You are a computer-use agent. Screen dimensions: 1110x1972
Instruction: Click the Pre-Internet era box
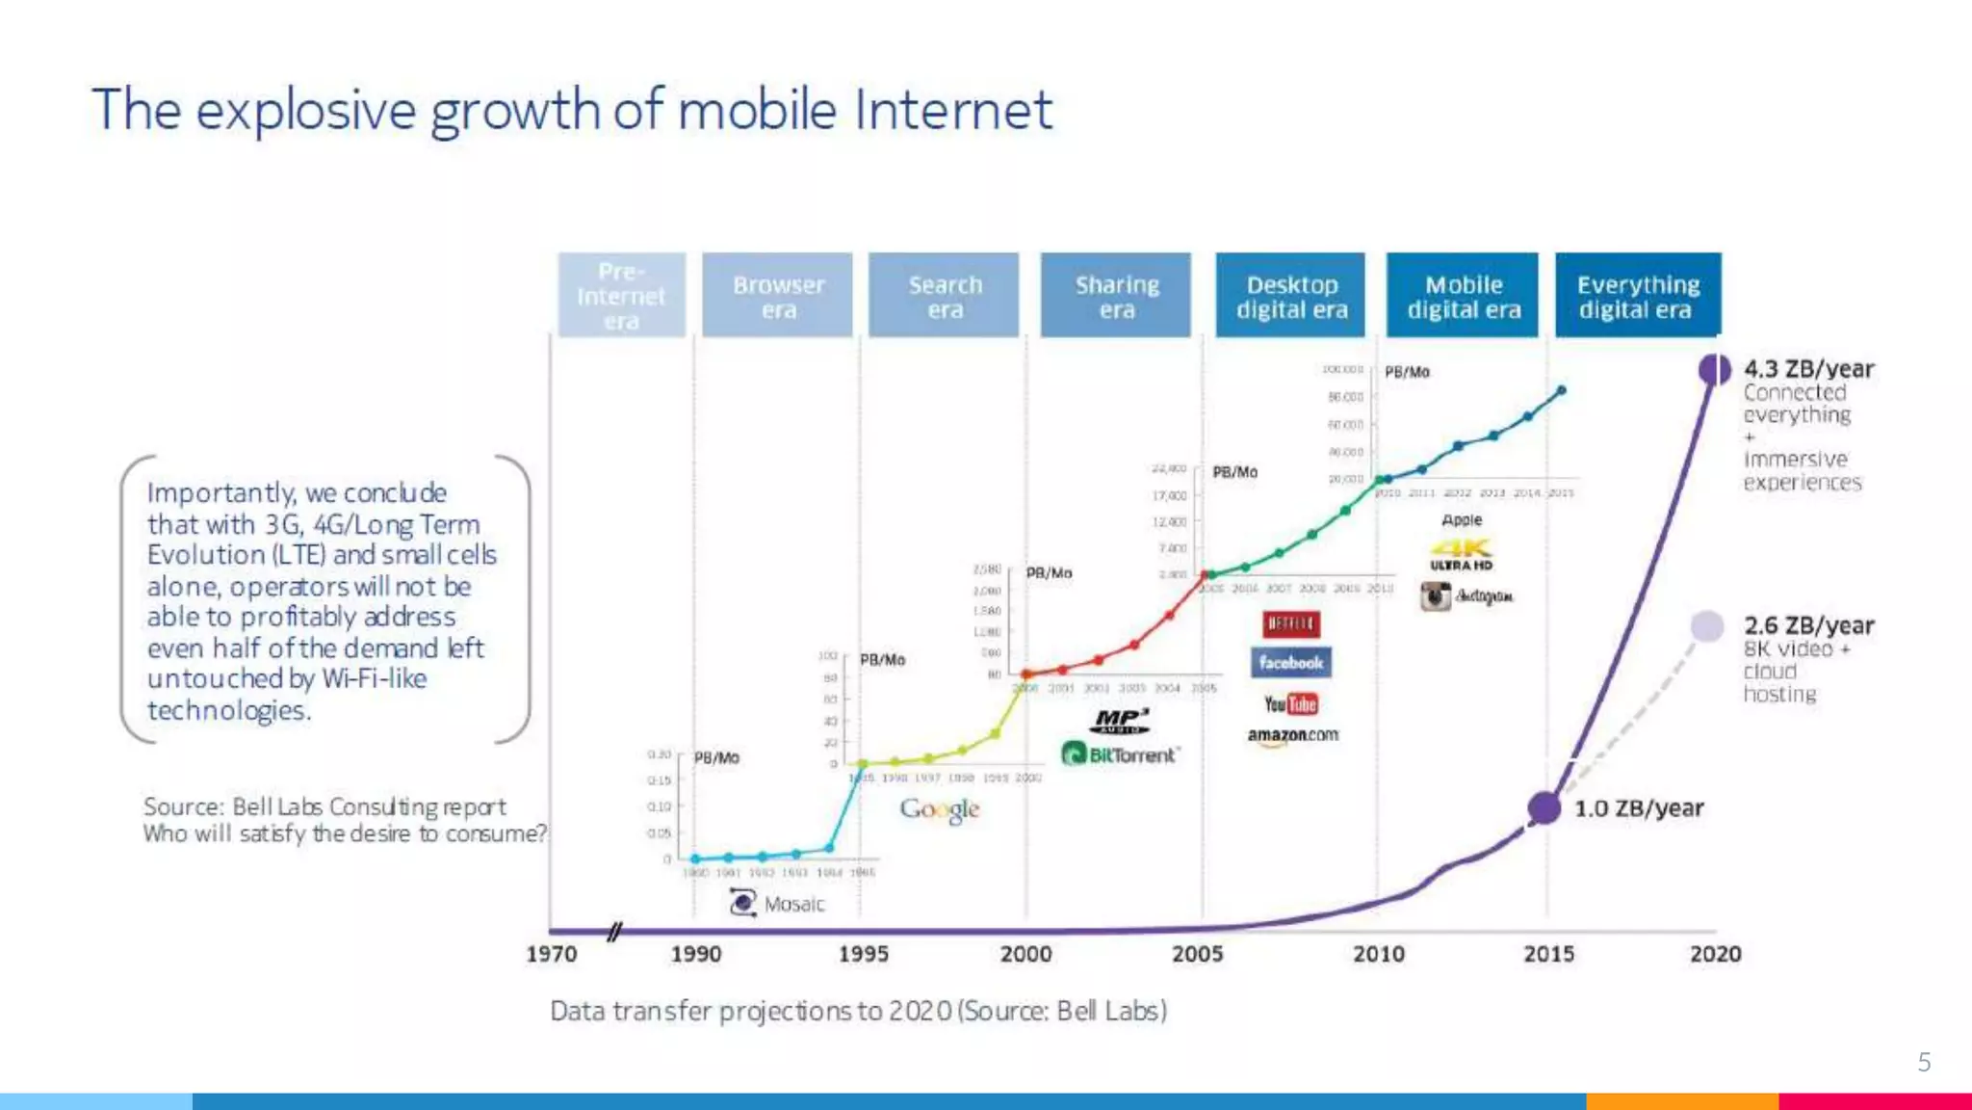click(x=621, y=295)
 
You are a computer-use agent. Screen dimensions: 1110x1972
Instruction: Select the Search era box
click(x=944, y=295)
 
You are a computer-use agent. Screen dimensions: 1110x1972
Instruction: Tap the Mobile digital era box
click(x=1463, y=295)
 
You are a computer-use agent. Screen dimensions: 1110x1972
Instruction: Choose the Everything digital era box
click(x=1638, y=295)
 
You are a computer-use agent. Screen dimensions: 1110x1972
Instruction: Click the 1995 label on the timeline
click(x=863, y=954)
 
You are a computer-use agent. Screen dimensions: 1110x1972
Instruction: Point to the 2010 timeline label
click(x=1378, y=954)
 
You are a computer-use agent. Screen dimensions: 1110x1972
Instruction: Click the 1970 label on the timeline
click(x=551, y=954)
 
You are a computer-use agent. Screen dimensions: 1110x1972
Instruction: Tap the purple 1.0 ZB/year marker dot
click(x=1544, y=807)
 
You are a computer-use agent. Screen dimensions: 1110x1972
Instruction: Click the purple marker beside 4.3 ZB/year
click(x=1714, y=369)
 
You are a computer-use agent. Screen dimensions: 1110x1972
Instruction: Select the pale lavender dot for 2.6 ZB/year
click(x=1706, y=626)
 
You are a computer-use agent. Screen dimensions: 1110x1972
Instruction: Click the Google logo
click(x=940, y=809)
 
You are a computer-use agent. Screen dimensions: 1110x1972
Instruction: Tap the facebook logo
click(x=1290, y=663)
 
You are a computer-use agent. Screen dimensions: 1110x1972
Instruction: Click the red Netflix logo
click(x=1290, y=623)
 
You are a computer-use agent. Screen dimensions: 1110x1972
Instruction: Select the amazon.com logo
click(x=1292, y=735)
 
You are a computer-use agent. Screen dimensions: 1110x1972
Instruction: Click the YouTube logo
click(x=1290, y=704)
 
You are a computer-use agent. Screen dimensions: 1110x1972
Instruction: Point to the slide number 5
click(x=1924, y=1062)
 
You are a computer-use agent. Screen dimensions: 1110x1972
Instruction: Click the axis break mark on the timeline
click(x=614, y=931)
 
